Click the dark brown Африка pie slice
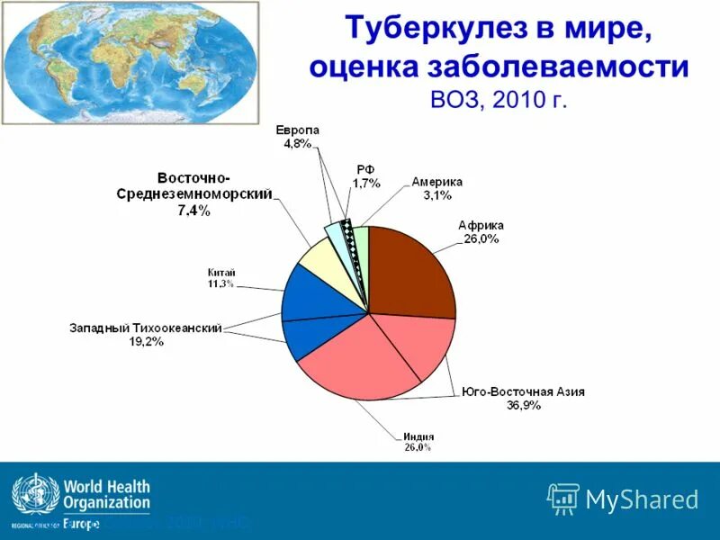(409, 270)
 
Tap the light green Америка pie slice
(362, 247)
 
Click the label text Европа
(297, 130)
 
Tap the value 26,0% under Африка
(481, 238)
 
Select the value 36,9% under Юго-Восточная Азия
(522, 406)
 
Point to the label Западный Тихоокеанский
(146, 328)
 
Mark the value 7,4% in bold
(193, 211)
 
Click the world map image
(128, 62)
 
